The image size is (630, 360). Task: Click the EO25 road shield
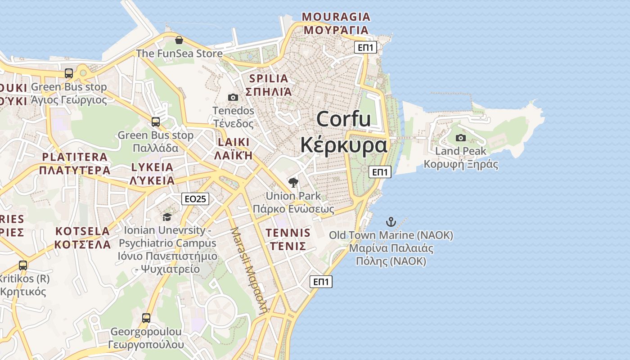click(x=195, y=198)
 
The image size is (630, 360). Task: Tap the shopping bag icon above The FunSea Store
click(x=179, y=40)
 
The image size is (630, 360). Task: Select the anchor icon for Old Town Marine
click(x=391, y=221)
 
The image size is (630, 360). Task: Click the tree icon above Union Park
click(x=293, y=182)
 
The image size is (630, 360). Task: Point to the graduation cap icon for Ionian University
click(x=167, y=217)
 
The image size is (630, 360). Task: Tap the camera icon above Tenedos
click(x=233, y=97)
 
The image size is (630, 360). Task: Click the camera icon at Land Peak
click(x=460, y=138)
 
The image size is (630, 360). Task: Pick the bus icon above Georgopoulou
click(x=146, y=318)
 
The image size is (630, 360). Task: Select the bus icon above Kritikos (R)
click(x=23, y=265)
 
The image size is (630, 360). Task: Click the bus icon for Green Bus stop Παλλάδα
click(x=156, y=121)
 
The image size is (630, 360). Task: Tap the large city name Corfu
click(x=343, y=119)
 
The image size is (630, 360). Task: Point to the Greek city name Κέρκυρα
click(x=343, y=145)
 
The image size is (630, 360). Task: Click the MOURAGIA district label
click(x=336, y=17)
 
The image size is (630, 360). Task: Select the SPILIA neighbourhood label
click(x=268, y=79)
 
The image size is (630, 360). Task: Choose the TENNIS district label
click(x=288, y=233)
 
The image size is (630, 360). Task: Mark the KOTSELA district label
click(x=82, y=231)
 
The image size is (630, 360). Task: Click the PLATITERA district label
click(x=75, y=157)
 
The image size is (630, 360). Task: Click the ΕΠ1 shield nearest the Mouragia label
click(x=365, y=47)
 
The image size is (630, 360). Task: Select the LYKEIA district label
click(x=152, y=167)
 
